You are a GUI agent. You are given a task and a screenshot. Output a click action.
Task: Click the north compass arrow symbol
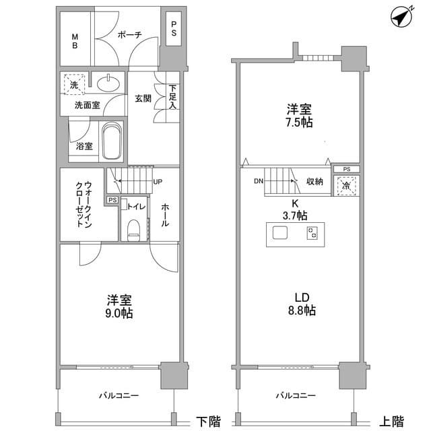click(x=402, y=17)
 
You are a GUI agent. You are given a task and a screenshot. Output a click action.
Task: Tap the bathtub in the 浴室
click(x=112, y=141)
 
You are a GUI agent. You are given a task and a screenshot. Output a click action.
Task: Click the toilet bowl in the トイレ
click(x=134, y=230)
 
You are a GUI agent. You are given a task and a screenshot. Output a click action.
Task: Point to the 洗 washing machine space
click(x=74, y=84)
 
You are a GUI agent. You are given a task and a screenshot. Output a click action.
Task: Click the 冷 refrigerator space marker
click(x=346, y=186)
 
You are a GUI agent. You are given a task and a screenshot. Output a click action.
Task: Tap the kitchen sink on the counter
click(x=280, y=233)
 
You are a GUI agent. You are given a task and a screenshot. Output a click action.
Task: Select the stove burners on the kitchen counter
click(x=312, y=233)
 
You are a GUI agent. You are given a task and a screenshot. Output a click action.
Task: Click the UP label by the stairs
click(x=158, y=182)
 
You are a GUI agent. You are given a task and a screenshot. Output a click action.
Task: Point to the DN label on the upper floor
click(x=259, y=181)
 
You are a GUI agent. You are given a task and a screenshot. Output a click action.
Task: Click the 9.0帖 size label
click(x=119, y=313)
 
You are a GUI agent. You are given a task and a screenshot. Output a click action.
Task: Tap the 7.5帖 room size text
click(x=299, y=123)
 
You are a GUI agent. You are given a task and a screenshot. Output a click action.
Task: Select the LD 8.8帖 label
click(x=302, y=304)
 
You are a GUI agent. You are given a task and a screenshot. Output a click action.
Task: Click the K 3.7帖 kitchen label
click(x=295, y=209)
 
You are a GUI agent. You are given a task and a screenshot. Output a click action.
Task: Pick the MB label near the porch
click(x=75, y=41)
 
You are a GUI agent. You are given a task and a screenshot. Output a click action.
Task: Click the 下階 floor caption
click(x=208, y=422)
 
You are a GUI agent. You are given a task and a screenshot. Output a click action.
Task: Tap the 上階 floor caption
click(x=392, y=422)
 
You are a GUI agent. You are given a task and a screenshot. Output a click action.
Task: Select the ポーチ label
click(x=130, y=34)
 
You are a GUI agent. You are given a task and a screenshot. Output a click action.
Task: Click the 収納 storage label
click(x=314, y=181)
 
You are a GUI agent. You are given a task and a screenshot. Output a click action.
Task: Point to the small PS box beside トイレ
click(x=112, y=200)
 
